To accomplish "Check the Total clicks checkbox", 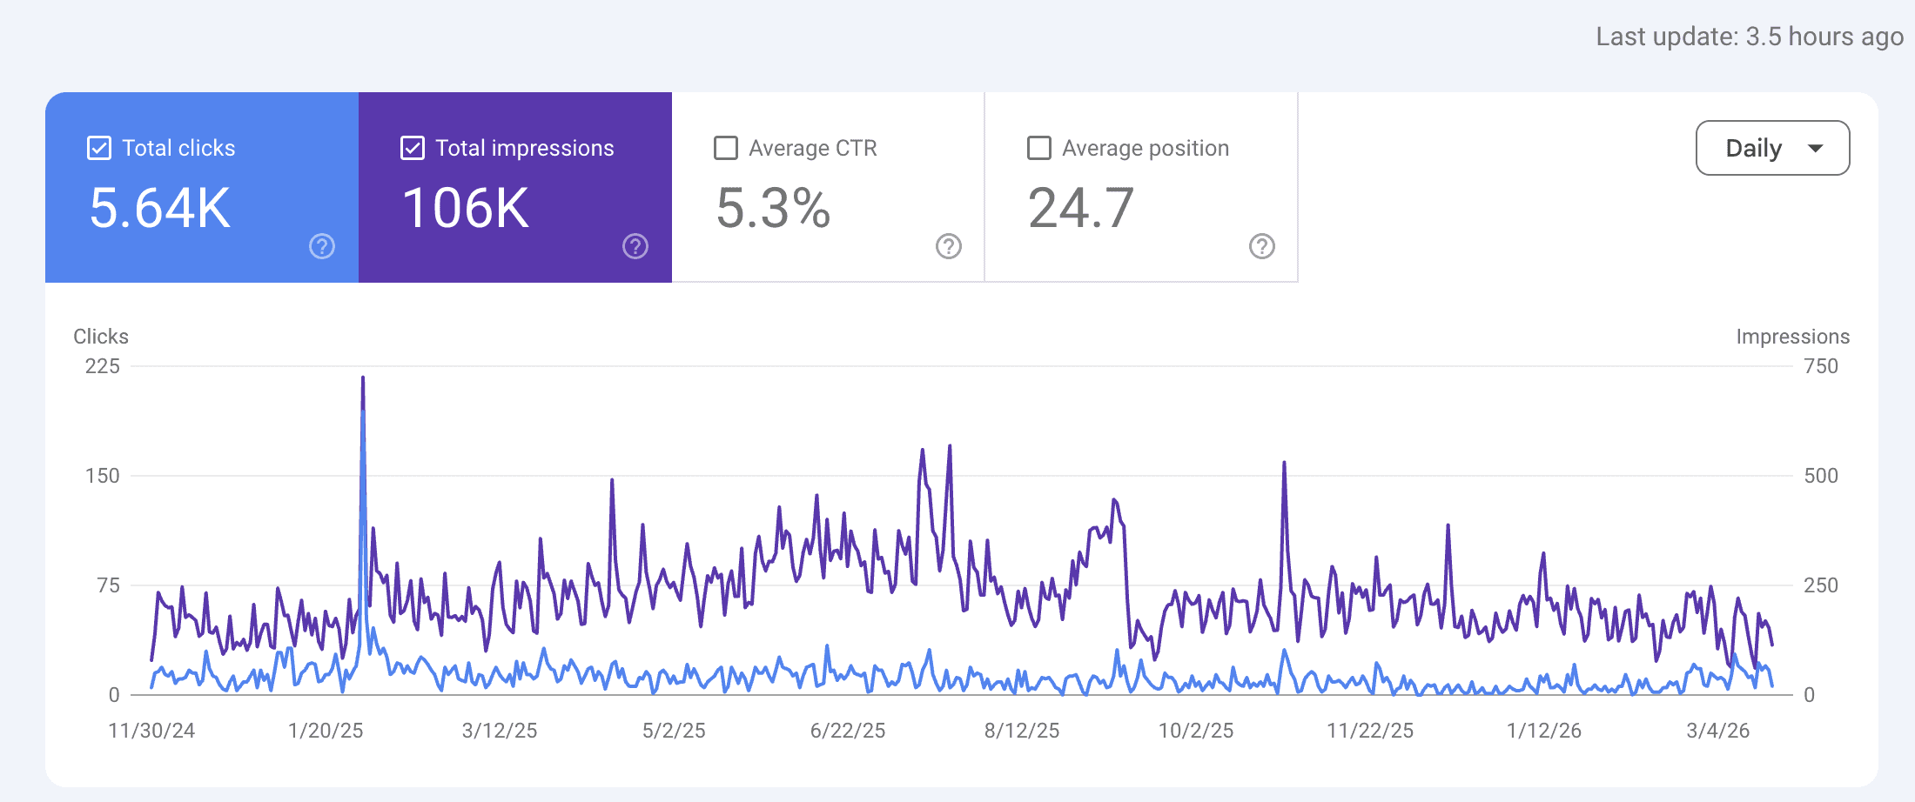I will (x=99, y=148).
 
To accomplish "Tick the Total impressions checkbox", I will (x=413, y=148).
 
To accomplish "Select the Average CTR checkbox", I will (x=726, y=148).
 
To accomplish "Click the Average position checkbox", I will (x=1039, y=148).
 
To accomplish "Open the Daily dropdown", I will (x=1772, y=148).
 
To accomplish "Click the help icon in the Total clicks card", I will (x=322, y=247).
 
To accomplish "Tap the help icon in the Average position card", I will (x=1262, y=247).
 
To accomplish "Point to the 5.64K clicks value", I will (x=160, y=209).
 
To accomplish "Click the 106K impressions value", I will (x=466, y=209).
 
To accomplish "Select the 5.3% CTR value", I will (x=773, y=209).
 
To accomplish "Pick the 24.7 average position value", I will (x=1081, y=209).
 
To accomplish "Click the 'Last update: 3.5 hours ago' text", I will (x=1750, y=37).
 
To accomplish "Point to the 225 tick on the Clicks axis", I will (x=103, y=366).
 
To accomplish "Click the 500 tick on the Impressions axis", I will (x=1821, y=476).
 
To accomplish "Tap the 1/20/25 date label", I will (x=326, y=731).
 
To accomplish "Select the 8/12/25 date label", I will (x=1022, y=731).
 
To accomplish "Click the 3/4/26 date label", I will (x=1718, y=731).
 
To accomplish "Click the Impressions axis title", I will (x=1792, y=337).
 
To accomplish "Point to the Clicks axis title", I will (x=101, y=337).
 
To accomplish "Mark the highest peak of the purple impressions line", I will (x=363, y=378).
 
